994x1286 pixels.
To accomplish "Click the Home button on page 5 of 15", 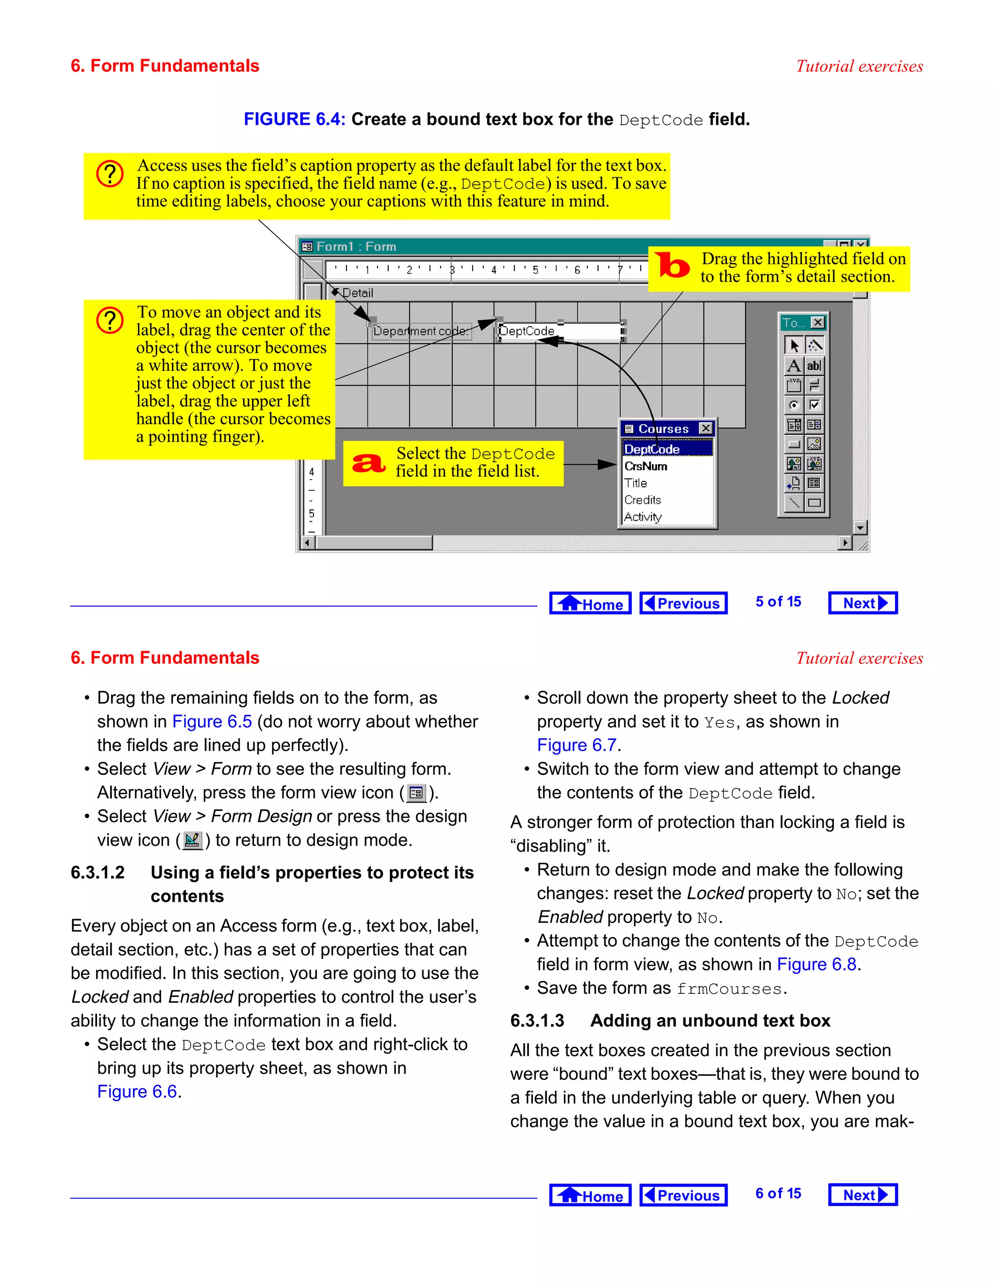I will pyautogui.click(x=590, y=603).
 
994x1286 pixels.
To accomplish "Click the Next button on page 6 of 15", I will pyautogui.click(x=862, y=1195).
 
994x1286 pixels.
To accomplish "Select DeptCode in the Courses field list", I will pyautogui.click(x=652, y=449).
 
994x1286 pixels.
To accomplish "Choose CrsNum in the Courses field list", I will pyautogui.click(x=646, y=466).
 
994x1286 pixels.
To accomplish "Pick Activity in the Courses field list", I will pyautogui.click(x=643, y=516).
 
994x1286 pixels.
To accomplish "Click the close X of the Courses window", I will pyautogui.click(x=705, y=428).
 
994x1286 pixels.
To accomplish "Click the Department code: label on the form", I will pyautogui.click(x=420, y=331).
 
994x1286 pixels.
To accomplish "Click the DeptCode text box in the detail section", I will pyautogui.click(x=560, y=331).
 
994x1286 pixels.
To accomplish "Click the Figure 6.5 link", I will pyautogui.click(x=212, y=721).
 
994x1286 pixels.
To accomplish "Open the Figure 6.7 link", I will pyautogui.click(x=577, y=745).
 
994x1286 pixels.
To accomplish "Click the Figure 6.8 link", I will pyautogui.click(x=816, y=964).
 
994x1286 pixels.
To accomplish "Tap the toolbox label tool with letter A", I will pyautogui.click(x=794, y=366).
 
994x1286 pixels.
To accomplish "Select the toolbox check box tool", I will pyautogui.click(x=814, y=405).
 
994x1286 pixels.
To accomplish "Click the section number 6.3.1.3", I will pyautogui.click(x=537, y=1021).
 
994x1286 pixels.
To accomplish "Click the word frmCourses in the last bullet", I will pyautogui.click(x=729, y=989).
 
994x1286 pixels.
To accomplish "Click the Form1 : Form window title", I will pyautogui.click(x=356, y=246).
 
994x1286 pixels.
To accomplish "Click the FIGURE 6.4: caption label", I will pyautogui.click(x=295, y=119).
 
